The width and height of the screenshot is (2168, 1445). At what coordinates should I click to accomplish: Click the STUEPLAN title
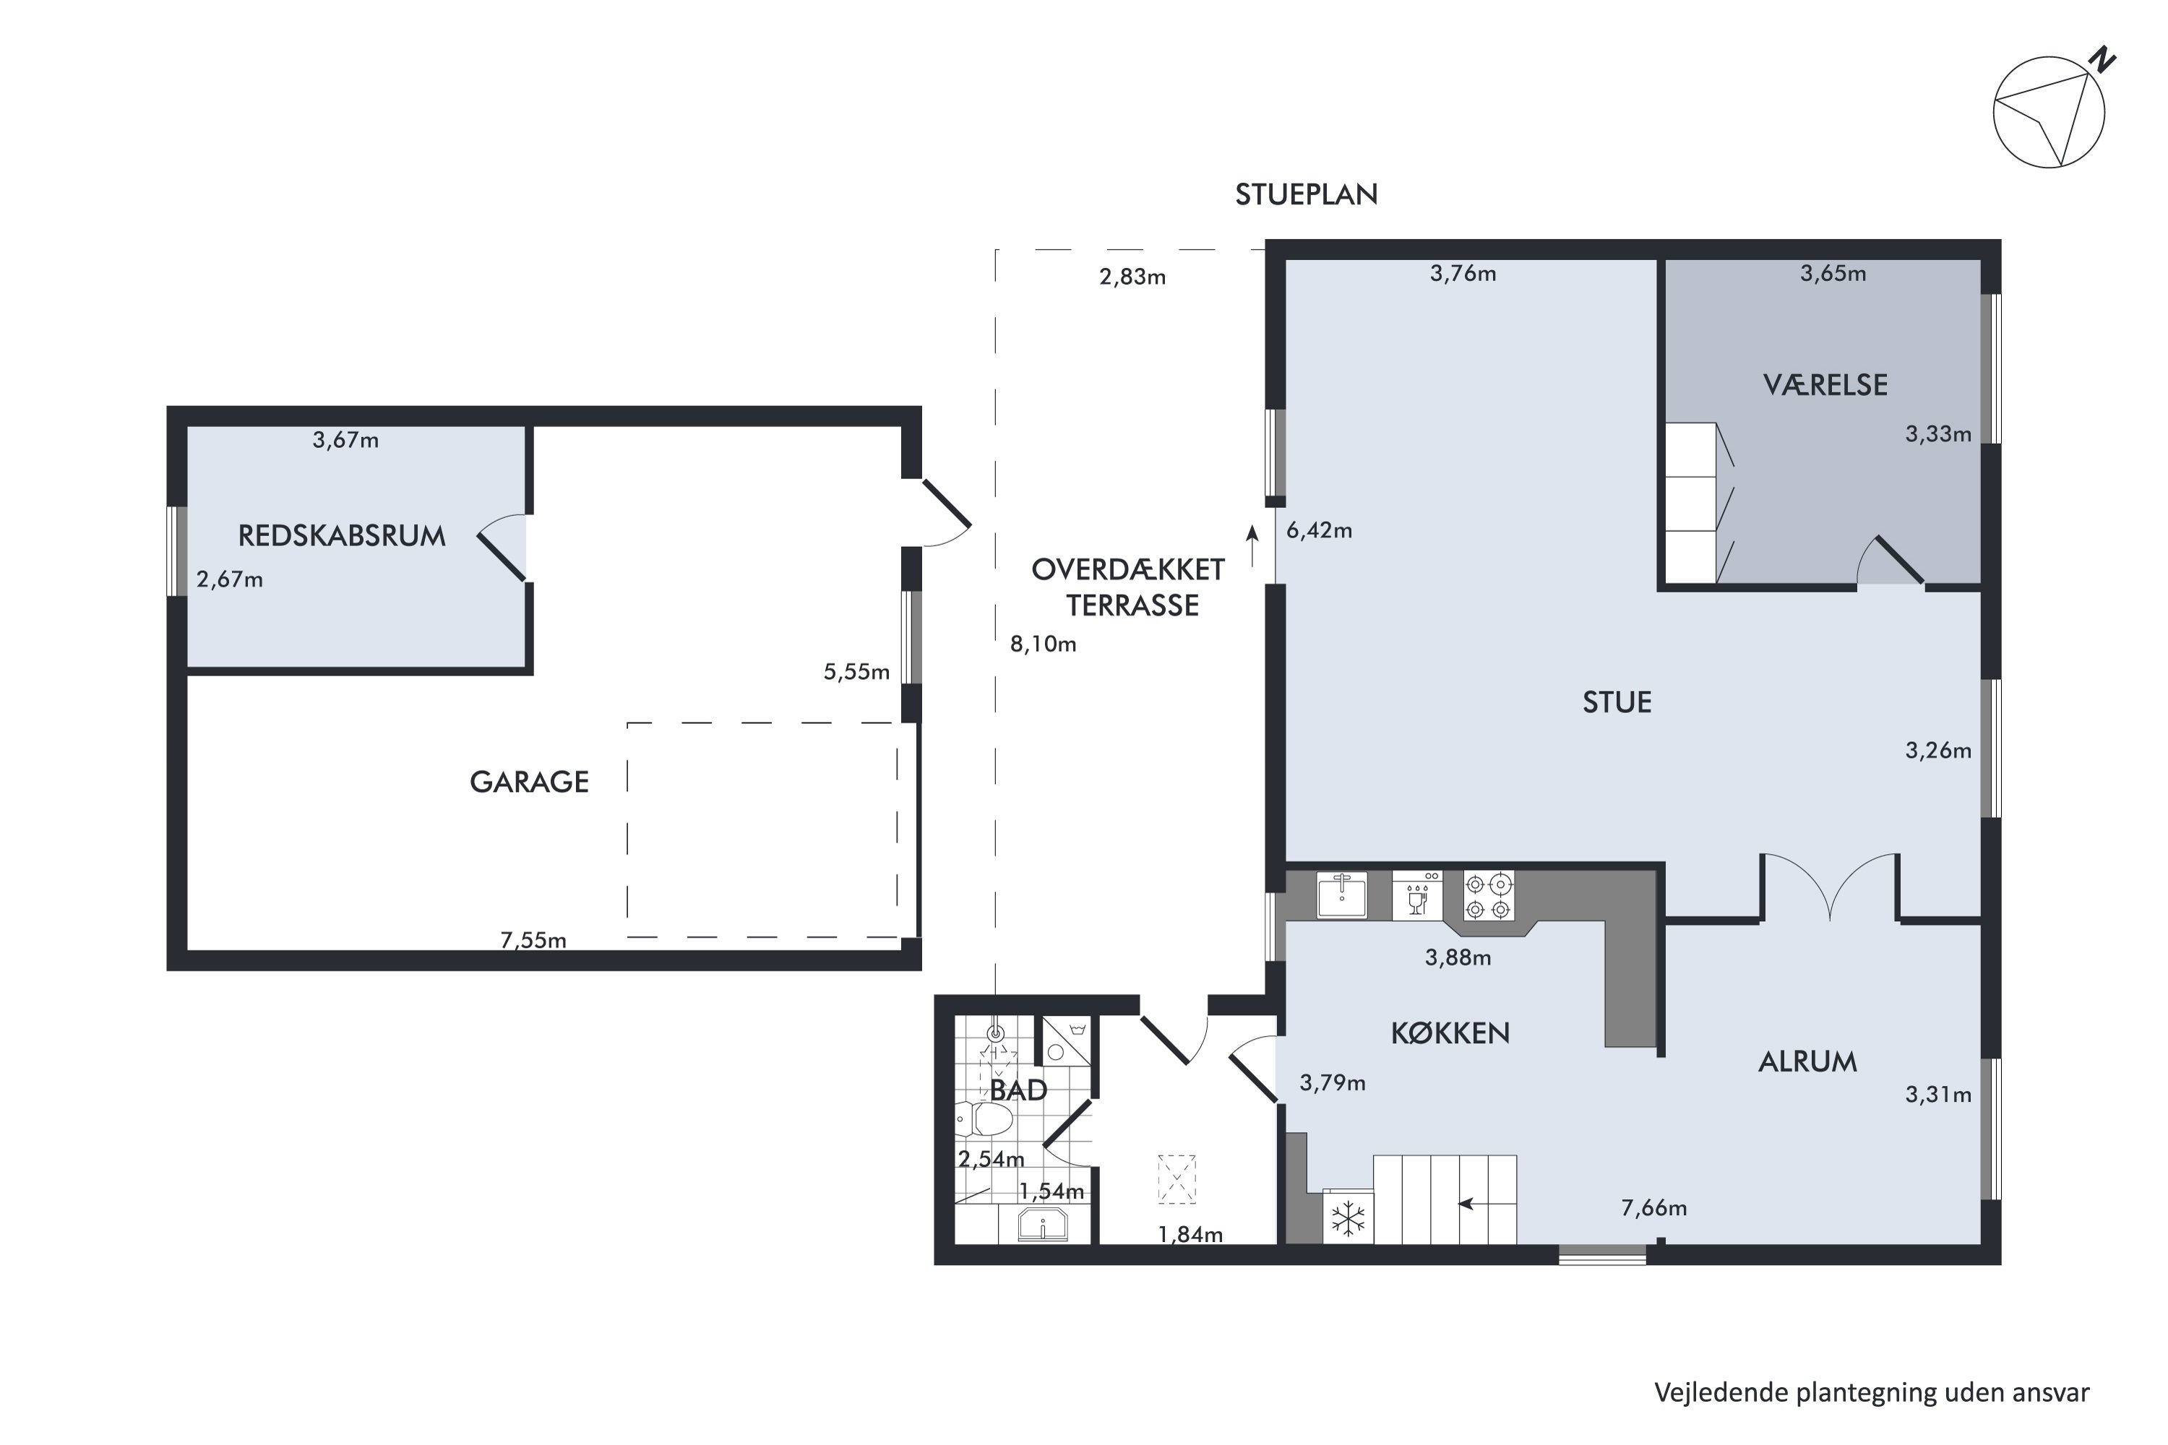point(1306,194)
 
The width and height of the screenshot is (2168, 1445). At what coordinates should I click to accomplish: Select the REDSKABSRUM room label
point(342,535)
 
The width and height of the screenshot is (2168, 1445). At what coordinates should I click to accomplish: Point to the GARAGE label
point(529,782)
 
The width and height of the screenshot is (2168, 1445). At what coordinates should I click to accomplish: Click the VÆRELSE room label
point(1825,384)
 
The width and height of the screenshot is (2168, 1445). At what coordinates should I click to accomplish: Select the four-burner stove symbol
point(1489,896)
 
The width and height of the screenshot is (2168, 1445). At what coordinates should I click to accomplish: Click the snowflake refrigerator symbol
point(1348,1217)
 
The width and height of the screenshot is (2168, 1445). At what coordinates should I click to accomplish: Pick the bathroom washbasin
point(1043,1225)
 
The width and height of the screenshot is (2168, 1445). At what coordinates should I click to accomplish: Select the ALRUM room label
point(1807,1061)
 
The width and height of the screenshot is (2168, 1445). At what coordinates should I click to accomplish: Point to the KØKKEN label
point(1450,1033)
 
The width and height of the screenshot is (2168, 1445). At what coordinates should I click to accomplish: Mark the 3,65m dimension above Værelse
point(1833,273)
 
